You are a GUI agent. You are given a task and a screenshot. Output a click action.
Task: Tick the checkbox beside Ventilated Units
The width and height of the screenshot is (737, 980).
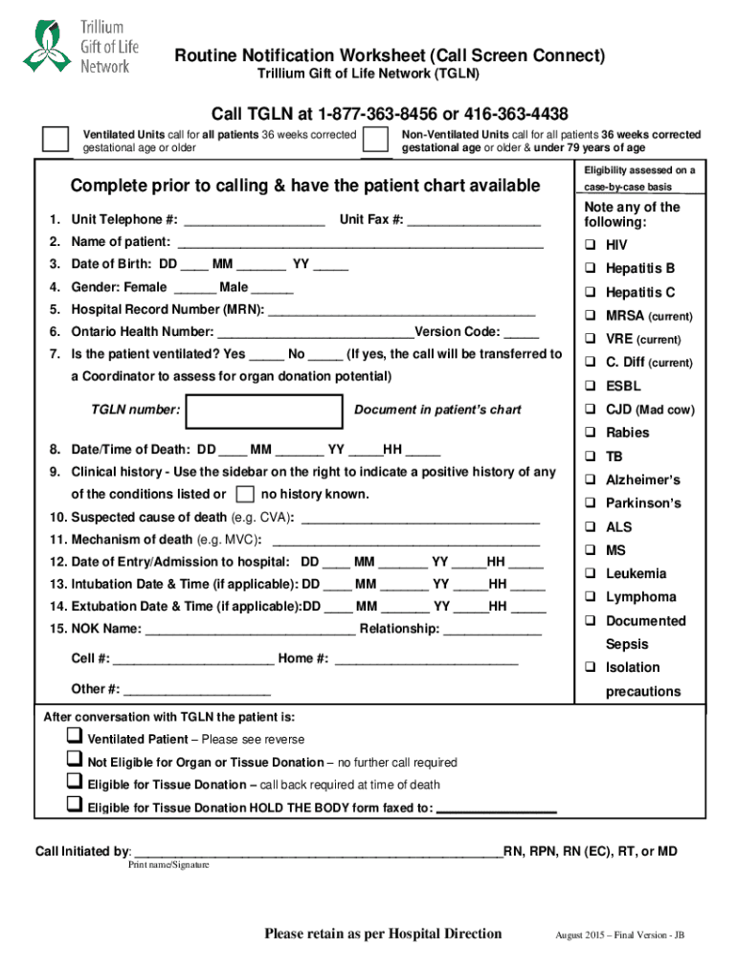(x=56, y=140)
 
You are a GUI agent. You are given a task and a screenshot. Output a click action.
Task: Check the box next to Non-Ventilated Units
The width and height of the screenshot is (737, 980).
(x=376, y=140)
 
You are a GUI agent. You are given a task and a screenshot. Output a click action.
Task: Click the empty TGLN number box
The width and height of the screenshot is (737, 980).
(x=265, y=411)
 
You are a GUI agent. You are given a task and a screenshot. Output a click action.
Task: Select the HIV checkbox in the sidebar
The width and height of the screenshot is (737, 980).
(x=592, y=246)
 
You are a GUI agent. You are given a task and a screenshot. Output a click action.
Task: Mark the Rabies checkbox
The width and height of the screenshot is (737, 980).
(x=592, y=434)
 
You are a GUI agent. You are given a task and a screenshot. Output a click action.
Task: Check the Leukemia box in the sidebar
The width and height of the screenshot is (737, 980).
(x=592, y=574)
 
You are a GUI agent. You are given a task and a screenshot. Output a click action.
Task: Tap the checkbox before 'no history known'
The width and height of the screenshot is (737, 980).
(x=245, y=495)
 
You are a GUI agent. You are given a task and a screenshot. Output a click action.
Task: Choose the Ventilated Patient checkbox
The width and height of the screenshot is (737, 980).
(x=74, y=737)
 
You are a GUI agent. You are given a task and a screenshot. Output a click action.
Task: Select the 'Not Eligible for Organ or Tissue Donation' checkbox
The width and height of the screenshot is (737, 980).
(x=74, y=760)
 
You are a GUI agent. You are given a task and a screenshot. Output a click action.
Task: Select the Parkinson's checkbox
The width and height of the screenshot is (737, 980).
(x=592, y=503)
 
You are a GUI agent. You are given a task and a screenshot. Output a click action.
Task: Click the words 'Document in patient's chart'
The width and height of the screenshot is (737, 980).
(x=437, y=411)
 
